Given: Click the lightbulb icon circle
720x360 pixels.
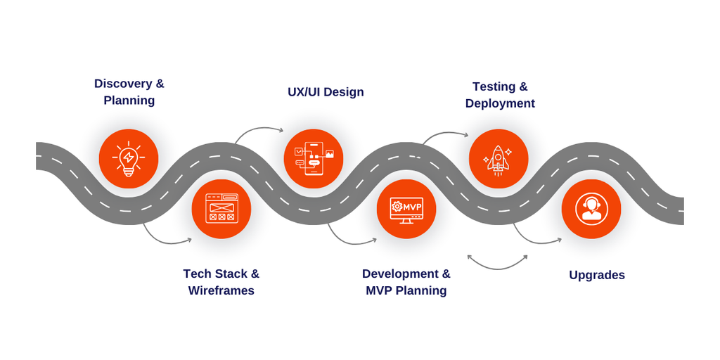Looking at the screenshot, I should [129, 158].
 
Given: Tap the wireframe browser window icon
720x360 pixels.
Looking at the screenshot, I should [221, 209].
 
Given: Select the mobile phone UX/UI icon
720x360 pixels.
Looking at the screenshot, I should [314, 158].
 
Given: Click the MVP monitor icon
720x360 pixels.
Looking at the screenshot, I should [406, 209].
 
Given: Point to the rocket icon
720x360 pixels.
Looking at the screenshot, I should [498, 159].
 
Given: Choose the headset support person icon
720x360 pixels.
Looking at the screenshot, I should [591, 209].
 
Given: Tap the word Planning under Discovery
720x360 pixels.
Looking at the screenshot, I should [129, 101].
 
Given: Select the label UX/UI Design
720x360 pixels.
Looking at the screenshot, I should [326, 92].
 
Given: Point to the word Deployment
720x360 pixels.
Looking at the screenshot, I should [500, 103].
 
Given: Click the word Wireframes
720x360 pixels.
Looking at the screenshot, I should [221, 290].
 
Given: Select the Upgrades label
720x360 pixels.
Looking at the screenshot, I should [597, 275].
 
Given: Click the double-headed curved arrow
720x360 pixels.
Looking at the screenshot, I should [497, 264].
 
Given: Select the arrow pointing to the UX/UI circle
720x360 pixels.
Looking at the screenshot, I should [258, 131].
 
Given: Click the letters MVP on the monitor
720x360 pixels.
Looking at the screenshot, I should [412, 207].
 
